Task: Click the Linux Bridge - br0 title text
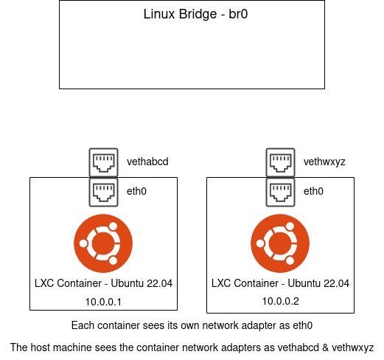[192, 15]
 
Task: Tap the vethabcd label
[144, 161]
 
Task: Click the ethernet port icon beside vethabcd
[103, 161]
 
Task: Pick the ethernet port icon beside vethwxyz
[280, 161]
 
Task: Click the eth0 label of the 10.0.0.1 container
[136, 192]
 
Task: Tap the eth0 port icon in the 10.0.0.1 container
[103, 191]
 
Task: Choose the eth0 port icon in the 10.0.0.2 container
[280, 191]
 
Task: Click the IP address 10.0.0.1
[104, 301]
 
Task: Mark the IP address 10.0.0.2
[281, 301]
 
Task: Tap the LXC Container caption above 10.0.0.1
[104, 283]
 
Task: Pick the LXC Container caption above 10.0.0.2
[281, 283]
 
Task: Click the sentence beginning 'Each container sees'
[192, 325]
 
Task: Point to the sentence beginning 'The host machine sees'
[192, 347]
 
